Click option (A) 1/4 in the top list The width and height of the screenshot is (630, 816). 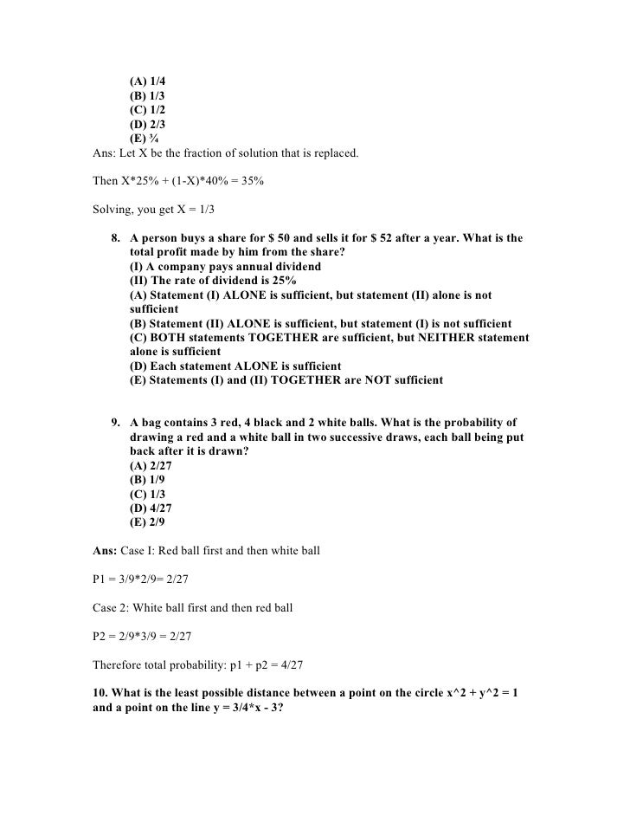[x=147, y=81]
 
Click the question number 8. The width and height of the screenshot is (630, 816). [x=115, y=238]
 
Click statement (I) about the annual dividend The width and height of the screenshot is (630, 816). [x=225, y=266]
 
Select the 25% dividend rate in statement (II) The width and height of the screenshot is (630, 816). [x=280, y=281]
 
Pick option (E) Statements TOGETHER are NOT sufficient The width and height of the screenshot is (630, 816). [x=286, y=380]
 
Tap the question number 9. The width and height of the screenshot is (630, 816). [x=115, y=423]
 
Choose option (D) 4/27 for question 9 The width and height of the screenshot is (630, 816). [x=151, y=508]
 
